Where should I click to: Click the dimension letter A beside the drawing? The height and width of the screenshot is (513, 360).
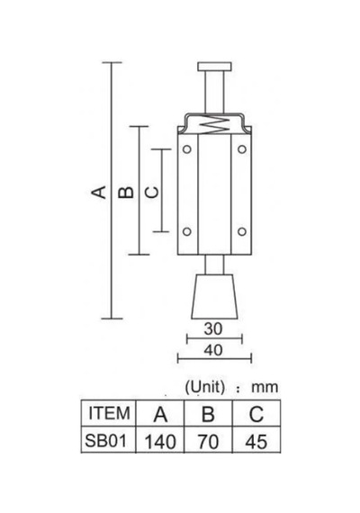(x=98, y=192)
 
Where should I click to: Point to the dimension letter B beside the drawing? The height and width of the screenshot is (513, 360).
(x=126, y=193)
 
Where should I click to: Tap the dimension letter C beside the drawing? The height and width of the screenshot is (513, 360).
(x=151, y=193)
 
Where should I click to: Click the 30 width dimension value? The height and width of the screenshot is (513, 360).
(x=213, y=328)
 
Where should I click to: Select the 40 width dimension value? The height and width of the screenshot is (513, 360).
(x=213, y=350)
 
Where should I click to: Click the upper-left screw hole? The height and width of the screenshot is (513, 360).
(x=187, y=149)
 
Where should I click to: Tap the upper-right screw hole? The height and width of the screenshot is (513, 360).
(x=242, y=149)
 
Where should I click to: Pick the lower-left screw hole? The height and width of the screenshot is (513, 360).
(x=187, y=231)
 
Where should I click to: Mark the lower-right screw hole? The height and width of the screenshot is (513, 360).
(x=242, y=231)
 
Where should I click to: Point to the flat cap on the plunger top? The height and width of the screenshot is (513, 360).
(x=215, y=67)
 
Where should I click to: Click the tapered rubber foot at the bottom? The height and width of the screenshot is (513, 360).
(x=214, y=296)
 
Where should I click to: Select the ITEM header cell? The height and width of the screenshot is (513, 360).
(x=109, y=413)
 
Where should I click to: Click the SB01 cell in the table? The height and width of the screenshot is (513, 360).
(x=105, y=441)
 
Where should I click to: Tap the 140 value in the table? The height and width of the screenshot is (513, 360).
(x=160, y=442)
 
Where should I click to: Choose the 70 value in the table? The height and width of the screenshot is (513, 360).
(x=208, y=442)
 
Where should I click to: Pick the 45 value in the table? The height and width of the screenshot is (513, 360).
(x=256, y=442)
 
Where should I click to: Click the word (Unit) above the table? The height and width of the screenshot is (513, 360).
(x=205, y=387)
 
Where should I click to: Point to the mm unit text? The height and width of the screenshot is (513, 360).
(x=265, y=388)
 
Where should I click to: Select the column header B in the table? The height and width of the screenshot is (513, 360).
(x=208, y=414)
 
